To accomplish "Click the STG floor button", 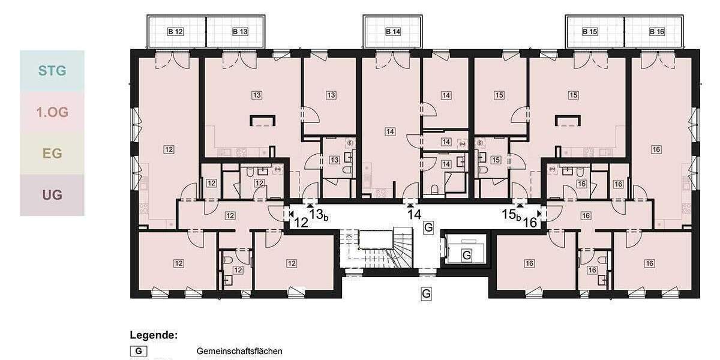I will click(52, 71).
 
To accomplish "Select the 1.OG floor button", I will click(52, 112).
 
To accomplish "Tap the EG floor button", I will click(52, 154).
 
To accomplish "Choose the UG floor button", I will click(52, 195).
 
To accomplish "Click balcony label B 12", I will click(175, 32).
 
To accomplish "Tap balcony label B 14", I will click(392, 32).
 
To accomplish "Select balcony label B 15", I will click(590, 32).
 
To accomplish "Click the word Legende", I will click(154, 335).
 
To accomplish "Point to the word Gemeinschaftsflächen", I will click(239, 351).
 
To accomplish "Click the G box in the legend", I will click(139, 351).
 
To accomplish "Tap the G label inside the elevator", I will click(466, 256).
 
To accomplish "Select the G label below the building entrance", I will click(426, 294).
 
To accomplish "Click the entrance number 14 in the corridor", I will click(414, 214).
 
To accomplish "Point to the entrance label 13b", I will click(318, 214).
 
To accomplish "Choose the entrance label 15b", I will click(511, 214).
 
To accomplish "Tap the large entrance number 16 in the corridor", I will click(530, 223).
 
